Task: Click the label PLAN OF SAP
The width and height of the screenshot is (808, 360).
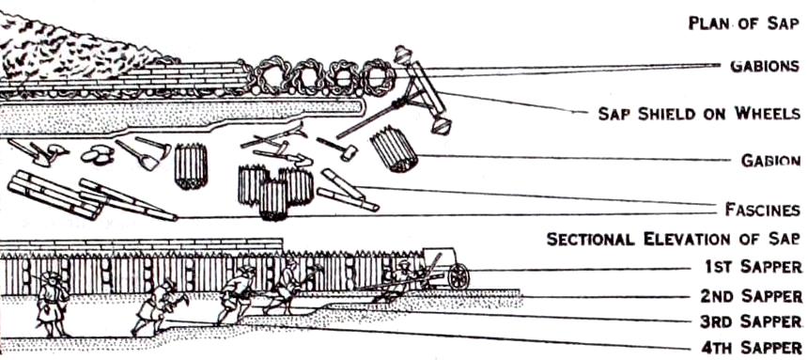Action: [744, 23]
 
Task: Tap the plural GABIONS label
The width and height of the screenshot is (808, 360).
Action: [765, 66]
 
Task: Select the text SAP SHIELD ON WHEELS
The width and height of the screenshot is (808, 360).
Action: [699, 114]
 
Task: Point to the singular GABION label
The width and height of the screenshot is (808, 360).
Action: [770, 161]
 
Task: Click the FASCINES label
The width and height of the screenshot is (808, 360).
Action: [762, 210]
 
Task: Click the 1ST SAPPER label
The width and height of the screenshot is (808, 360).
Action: [753, 266]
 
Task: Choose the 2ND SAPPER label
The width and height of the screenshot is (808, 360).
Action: [751, 296]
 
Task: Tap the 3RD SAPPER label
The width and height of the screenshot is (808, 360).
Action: [751, 321]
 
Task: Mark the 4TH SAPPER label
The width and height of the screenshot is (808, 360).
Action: [752, 346]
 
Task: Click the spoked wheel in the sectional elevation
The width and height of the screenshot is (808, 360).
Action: [458, 276]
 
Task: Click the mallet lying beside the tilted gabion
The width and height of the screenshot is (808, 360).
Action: [337, 148]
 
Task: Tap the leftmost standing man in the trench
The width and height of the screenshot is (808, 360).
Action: [53, 305]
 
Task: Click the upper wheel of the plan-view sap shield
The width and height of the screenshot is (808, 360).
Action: [401, 54]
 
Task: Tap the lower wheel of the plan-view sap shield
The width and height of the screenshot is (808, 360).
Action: [441, 126]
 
